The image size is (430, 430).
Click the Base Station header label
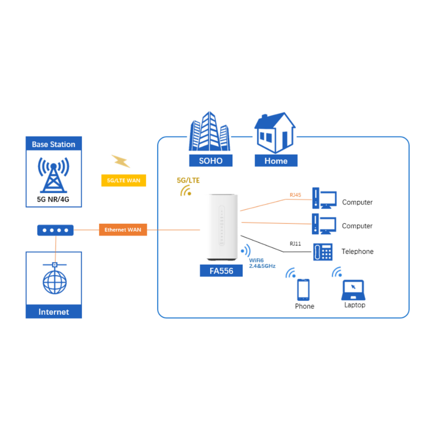click(x=54, y=144)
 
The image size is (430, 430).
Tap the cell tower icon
click(x=54, y=174)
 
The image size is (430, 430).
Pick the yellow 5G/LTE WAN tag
click(x=123, y=181)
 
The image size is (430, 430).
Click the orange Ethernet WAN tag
click(x=123, y=230)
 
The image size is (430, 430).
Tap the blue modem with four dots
click(x=55, y=230)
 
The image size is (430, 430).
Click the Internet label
click(x=54, y=312)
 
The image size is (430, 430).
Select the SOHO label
click(x=211, y=161)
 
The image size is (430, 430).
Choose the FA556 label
click(x=221, y=271)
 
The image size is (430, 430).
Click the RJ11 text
click(x=295, y=244)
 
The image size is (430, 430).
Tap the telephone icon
click(x=322, y=252)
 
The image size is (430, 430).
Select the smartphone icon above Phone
click(x=304, y=289)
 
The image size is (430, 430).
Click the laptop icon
click(x=354, y=290)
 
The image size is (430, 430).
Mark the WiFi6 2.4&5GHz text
click(x=262, y=263)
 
